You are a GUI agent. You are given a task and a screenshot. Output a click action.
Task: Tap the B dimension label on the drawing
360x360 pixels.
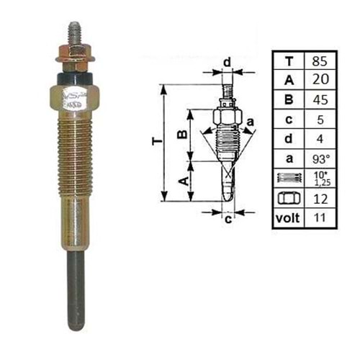pos(183,134)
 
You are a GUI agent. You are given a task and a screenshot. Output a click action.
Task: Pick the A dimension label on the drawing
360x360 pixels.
pos(183,181)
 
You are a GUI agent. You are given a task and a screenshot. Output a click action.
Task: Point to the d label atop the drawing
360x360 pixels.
pos(226,63)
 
